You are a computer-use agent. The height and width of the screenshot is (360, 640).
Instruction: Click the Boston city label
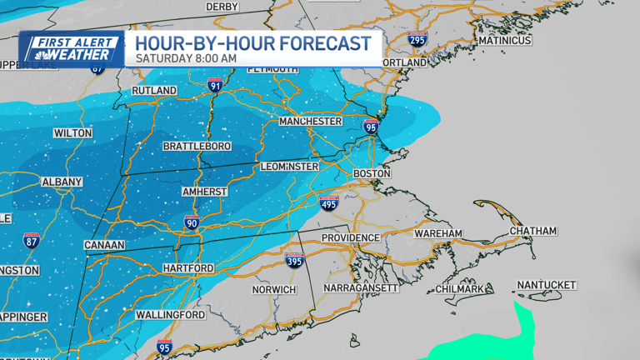(372, 173)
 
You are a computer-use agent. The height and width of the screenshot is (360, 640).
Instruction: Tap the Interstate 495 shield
(328, 202)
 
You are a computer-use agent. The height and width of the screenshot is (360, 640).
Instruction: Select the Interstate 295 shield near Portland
(417, 38)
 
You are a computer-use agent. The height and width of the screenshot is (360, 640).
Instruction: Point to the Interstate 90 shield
(192, 222)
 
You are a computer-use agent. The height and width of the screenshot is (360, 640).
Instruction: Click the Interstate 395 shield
(294, 260)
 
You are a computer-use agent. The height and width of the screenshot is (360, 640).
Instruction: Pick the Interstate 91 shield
(215, 84)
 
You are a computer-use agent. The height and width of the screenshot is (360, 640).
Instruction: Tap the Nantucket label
(546, 285)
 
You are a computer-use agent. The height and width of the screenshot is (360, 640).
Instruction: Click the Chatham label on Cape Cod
(533, 231)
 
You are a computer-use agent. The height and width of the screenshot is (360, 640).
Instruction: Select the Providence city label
(352, 237)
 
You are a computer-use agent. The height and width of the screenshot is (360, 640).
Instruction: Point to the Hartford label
(188, 268)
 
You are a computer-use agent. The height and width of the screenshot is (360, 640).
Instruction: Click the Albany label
(62, 182)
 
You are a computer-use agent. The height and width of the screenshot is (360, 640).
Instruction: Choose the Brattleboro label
(197, 147)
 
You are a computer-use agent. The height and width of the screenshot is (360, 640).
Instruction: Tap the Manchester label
(311, 122)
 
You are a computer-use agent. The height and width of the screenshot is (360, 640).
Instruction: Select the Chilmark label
(460, 289)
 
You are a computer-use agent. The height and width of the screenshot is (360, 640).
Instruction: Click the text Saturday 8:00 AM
(186, 58)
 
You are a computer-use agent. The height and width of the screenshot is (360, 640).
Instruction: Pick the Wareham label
(437, 234)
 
